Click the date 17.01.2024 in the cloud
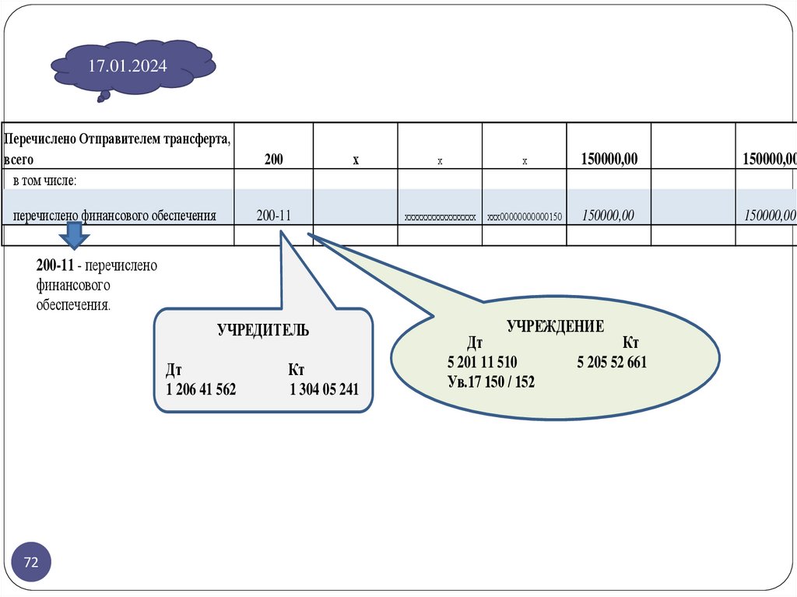[128, 66]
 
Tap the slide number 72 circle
[32, 562]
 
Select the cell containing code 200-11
[273, 216]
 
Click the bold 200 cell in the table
[273, 160]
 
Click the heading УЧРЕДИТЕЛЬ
[262, 330]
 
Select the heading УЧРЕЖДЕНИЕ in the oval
[555, 326]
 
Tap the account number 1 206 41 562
[201, 389]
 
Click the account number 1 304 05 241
[324, 389]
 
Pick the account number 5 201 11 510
[483, 363]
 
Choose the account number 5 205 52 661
[612, 363]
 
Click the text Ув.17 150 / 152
[491, 382]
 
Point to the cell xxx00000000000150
[525, 217]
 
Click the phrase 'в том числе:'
[44, 181]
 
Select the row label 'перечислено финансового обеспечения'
[114, 216]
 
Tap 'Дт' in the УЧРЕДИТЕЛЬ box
[174, 369]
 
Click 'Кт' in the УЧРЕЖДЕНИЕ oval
[631, 343]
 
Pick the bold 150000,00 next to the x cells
[609, 160]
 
